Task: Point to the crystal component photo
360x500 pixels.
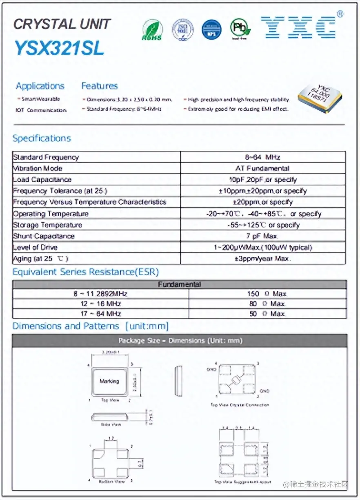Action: click(320, 97)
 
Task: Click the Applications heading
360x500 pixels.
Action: click(40, 86)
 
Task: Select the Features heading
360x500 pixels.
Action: click(99, 86)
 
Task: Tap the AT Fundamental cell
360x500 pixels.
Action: click(262, 168)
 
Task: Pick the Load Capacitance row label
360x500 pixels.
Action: click(42, 180)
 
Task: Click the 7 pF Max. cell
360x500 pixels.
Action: click(262, 236)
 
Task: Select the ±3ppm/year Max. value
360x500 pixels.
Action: click(262, 259)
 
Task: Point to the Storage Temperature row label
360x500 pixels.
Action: click(48, 225)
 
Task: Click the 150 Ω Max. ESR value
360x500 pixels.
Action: click(267, 294)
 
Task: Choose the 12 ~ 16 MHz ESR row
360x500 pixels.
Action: click(100, 304)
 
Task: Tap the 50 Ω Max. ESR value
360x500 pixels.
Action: click(267, 314)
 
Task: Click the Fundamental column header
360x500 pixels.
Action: click(180, 284)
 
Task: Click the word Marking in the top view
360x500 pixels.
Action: click(109, 381)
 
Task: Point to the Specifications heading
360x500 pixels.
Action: click(42, 138)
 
